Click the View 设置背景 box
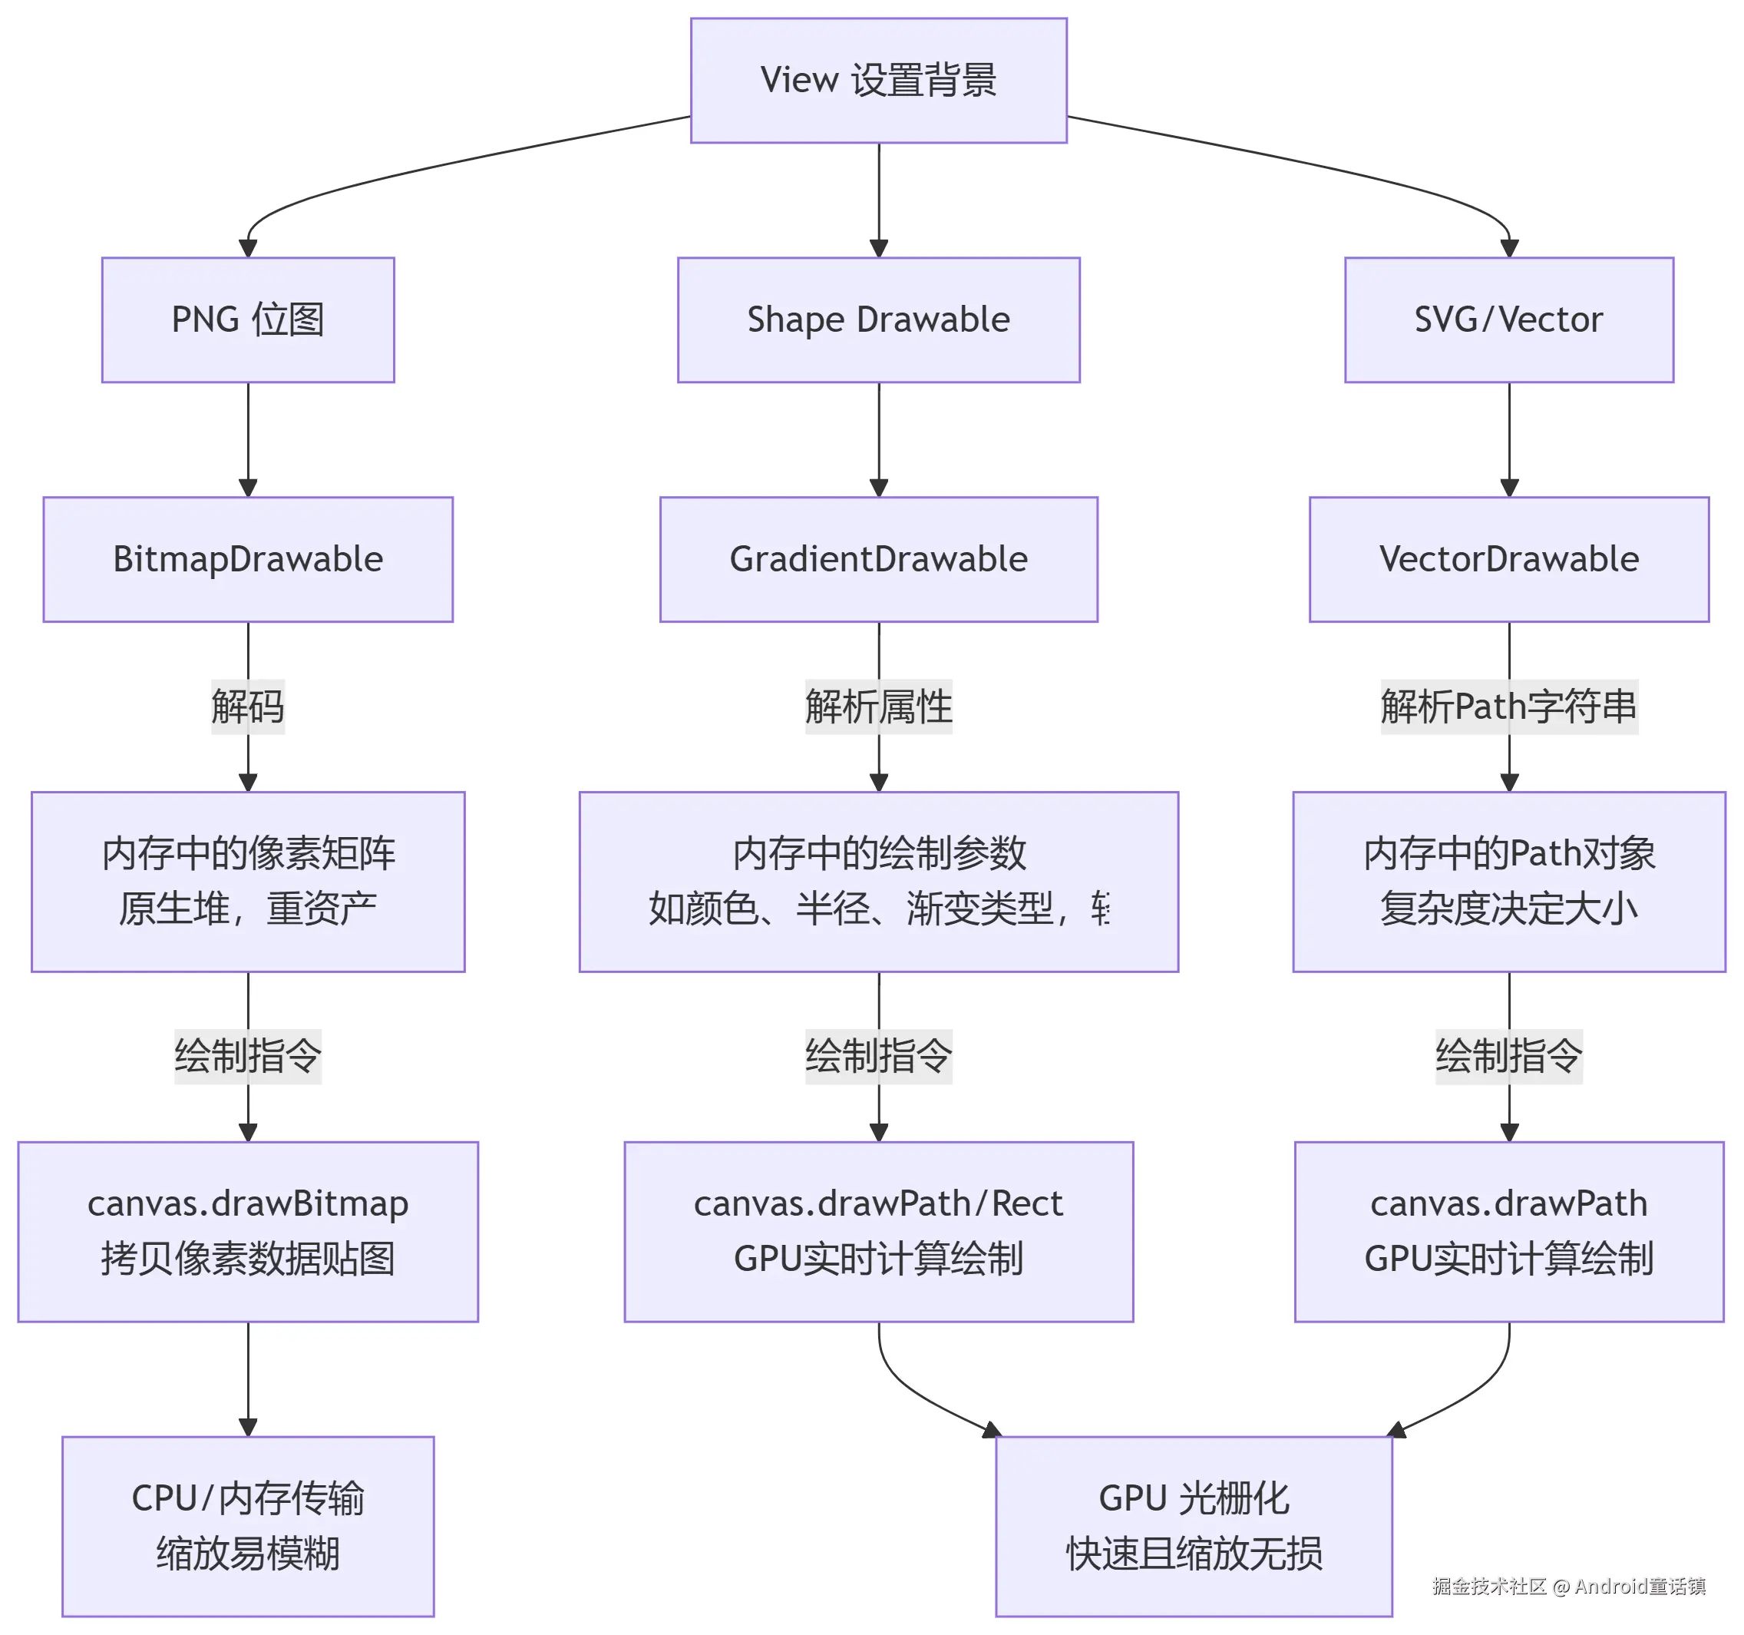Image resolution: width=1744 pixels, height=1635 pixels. [878, 81]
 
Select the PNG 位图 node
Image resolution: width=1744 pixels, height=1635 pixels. [248, 319]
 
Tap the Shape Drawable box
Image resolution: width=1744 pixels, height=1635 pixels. [878, 319]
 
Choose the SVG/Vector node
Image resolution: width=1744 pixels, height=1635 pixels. [1509, 319]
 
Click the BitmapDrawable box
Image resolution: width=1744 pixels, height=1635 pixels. [248, 559]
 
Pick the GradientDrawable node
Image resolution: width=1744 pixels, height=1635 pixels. [878, 559]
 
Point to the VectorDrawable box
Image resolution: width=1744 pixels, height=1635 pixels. [1509, 559]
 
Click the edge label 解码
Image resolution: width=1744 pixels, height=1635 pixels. [248, 707]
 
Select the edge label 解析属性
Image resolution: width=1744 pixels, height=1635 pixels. [878, 707]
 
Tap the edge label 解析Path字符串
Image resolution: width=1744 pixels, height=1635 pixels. [1509, 707]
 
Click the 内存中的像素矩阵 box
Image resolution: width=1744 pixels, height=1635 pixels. [248, 881]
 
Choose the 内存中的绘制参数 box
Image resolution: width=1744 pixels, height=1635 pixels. [878, 881]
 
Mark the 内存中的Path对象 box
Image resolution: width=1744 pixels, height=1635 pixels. [1509, 881]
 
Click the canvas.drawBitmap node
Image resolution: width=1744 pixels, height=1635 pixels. [248, 1230]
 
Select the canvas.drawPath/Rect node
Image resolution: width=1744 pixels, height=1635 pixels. [878, 1230]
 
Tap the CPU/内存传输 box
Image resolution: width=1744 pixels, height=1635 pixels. [248, 1525]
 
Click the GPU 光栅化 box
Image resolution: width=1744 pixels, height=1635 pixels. [1193, 1525]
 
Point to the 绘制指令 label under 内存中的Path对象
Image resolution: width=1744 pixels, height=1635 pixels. [1509, 1056]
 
